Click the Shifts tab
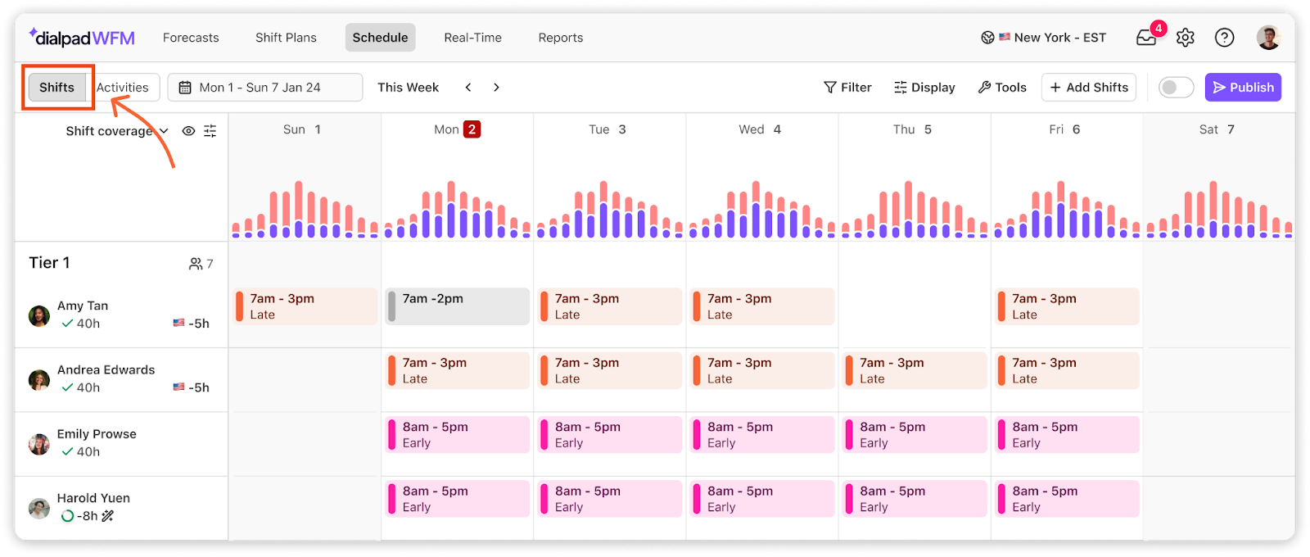[x=56, y=87]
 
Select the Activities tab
[x=122, y=87]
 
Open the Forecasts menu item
[x=191, y=38]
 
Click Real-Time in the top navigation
[x=472, y=38]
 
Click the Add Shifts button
[x=1088, y=87]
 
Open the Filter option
[x=847, y=87]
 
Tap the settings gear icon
[x=1185, y=38]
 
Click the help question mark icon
[x=1224, y=38]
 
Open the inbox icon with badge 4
[x=1147, y=38]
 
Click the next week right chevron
[x=496, y=87]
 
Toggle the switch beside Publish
[x=1176, y=87]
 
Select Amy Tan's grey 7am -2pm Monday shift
[x=458, y=306]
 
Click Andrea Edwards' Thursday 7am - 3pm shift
[x=914, y=370]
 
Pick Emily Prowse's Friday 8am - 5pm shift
[x=1067, y=435]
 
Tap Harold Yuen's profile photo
[x=39, y=508]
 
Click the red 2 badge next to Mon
[x=472, y=129]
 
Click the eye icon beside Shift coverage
[x=188, y=131]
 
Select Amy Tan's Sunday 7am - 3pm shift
[x=305, y=306]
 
